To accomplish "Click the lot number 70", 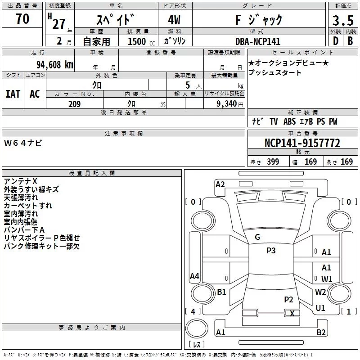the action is (x=22, y=19).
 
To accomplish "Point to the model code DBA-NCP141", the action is (x=258, y=41).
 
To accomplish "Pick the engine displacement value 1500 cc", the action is (x=141, y=41).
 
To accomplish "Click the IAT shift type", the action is (x=13, y=94).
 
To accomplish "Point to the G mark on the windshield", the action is (x=257, y=237).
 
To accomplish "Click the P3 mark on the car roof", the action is (x=271, y=251).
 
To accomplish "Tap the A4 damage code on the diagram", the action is (x=194, y=276).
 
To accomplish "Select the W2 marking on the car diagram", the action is (x=320, y=292).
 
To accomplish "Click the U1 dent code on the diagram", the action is (x=320, y=308).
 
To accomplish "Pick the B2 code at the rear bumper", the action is (x=321, y=333).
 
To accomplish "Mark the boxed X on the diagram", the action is (x=292, y=314).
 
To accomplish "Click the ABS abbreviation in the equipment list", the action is (x=290, y=121).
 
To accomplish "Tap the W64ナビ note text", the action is (x=23, y=143).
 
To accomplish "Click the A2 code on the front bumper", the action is (x=220, y=184).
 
